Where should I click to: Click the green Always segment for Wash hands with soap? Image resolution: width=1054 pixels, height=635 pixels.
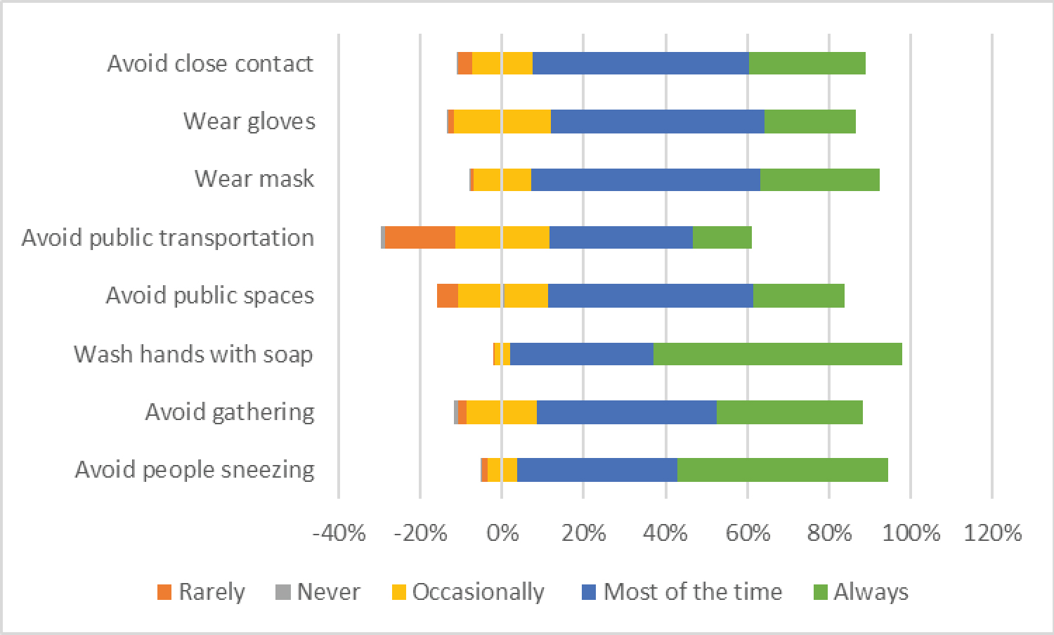[777, 354]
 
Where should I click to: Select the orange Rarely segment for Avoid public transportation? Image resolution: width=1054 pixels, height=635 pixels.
[420, 237]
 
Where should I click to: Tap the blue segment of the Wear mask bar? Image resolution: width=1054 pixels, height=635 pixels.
[645, 179]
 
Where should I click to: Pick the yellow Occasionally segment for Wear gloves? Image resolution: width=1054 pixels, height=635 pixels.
[502, 122]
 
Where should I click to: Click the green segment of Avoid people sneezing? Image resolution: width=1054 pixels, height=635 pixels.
[782, 470]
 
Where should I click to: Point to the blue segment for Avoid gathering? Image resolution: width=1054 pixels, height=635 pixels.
[626, 412]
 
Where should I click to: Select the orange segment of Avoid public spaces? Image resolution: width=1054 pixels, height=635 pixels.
[448, 296]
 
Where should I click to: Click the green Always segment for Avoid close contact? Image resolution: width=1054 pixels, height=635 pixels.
[807, 63]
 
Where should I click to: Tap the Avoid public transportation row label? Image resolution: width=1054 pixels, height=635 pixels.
[168, 237]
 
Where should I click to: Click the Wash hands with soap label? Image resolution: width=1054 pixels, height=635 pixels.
[193, 354]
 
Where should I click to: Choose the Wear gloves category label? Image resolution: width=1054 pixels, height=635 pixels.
[249, 122]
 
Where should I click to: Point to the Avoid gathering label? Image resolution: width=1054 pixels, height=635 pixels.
[230, 412]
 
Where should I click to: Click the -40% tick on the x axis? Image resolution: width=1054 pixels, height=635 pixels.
[339, 533]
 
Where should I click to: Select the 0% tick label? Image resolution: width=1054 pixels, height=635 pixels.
[502, 533]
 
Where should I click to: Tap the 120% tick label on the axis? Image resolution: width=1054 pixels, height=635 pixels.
[992, 533]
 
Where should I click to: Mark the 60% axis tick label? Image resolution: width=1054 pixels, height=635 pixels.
[748, 533]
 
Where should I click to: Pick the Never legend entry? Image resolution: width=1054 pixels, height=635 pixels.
[318, 592]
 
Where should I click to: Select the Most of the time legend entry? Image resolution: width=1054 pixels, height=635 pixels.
[682, 592]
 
